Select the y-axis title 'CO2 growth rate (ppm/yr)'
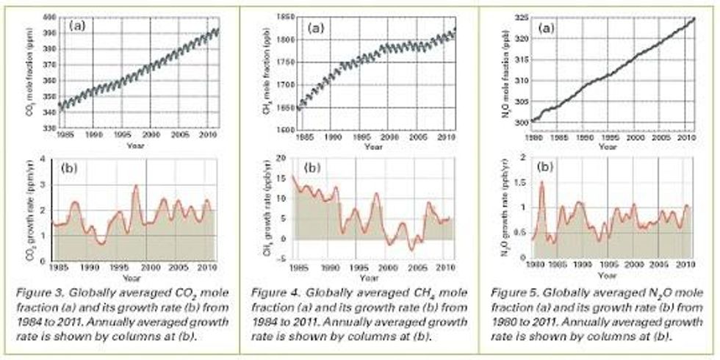(34, 209)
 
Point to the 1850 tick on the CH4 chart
(283, 16)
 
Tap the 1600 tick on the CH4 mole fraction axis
(283, 130)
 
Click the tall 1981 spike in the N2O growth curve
(542, 182)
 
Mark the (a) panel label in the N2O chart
(546, 28)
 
